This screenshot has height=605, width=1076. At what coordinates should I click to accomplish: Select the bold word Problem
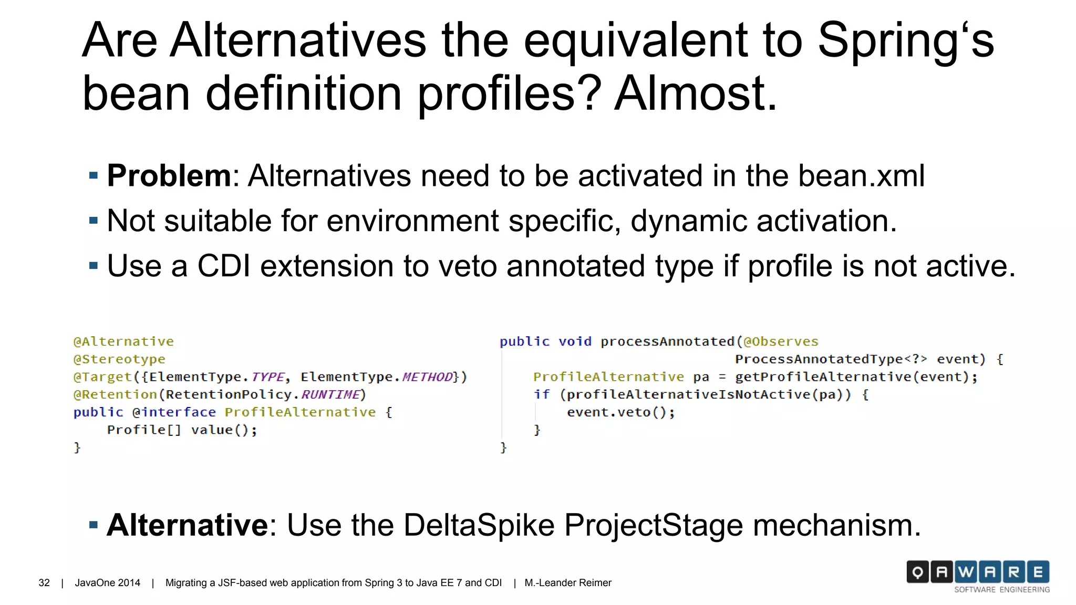click(169, 175)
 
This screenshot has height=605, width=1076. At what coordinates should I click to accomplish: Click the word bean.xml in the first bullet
click(861, 175)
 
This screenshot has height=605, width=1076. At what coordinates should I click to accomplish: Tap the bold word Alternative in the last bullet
click(188, 525)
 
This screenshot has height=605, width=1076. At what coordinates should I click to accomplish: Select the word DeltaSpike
click(479, 525)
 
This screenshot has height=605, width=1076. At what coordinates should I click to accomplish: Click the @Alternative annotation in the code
click(123, 341)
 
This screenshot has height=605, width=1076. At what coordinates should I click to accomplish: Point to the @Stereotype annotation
click(119, 359)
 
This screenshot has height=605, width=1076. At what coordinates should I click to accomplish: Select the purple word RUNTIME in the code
click(330, 394)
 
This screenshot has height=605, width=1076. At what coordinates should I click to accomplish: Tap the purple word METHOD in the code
click(427, 377)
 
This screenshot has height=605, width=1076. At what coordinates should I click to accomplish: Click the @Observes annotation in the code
click(781, 341)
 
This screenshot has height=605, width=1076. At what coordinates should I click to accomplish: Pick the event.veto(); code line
click(620, 412)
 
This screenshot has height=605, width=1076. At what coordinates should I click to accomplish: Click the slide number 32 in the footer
click(44, 583)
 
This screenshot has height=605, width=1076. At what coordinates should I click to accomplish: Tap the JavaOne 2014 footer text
click(107, 583)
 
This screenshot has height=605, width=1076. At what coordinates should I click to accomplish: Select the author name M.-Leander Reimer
click(567, 583)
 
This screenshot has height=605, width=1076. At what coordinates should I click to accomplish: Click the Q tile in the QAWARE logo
click(917, 572)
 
